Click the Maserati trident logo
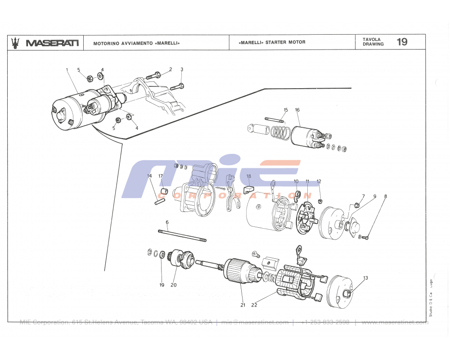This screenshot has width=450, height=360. (x=16, y=42)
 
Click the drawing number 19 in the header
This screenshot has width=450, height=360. (x=402, y=42)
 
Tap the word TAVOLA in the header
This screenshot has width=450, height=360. (x=372, y=40)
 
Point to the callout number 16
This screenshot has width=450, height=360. (x=297, y=110)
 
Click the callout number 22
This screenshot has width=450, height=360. (x=254, y=305)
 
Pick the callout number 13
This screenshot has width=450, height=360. (x=366, y=278)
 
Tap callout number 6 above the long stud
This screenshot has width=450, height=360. (x=167, y=222)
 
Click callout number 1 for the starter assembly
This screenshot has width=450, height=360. (x=67, y=70)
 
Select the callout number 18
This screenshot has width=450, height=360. (x=248, y=176)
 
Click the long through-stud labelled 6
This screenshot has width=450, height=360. (x=182, y=236)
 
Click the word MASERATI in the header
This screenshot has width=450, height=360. (x=52, y=43)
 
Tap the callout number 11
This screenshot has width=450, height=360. (x=307, y=181)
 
